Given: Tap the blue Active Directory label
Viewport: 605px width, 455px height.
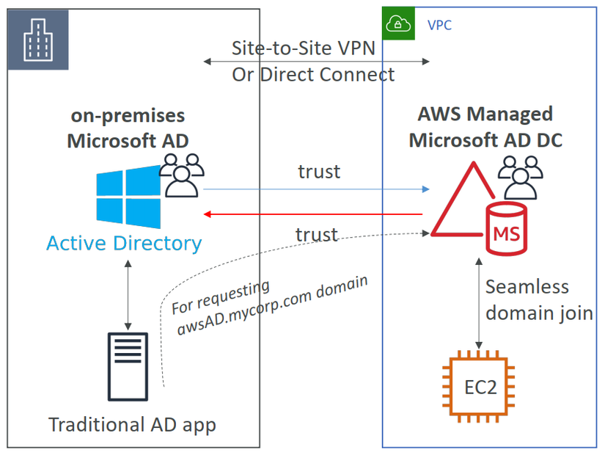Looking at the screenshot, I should [124, 243].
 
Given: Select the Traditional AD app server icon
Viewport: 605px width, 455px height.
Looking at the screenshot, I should [128, 365].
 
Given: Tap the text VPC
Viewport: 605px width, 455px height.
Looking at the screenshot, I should [439, 26].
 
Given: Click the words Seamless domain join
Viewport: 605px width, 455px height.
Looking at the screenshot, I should [538, 300].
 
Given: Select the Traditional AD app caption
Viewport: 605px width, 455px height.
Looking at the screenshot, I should [132, 425].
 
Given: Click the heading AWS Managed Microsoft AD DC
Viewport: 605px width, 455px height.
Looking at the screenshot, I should [485, 127].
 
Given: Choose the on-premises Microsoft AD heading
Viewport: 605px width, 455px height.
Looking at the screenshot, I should [128, 127].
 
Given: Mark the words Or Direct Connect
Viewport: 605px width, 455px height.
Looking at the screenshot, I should [313, 75].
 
